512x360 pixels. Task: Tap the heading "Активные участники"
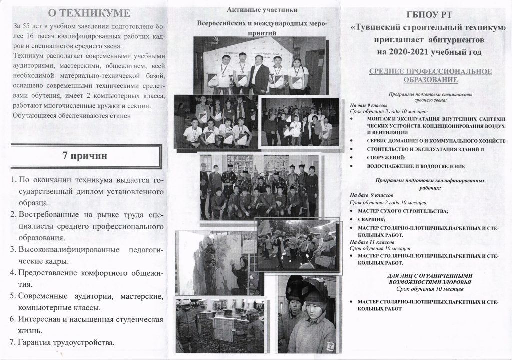tap(255, 10)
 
